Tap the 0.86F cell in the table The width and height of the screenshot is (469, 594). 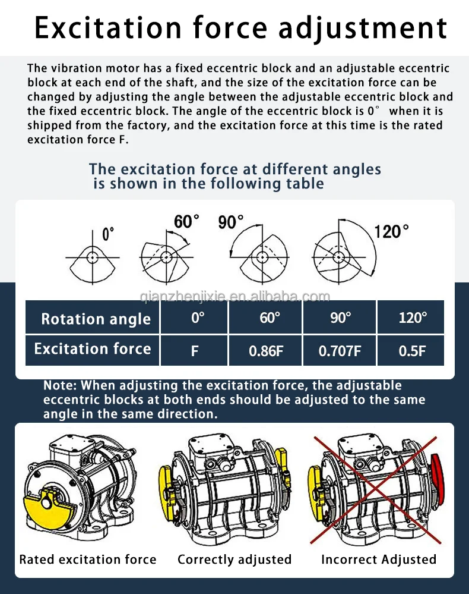coord(266,351)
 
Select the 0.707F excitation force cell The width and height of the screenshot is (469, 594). coord(340,351)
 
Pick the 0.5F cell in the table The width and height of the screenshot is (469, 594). coord(412,351)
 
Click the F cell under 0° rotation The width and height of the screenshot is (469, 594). coord(194,351)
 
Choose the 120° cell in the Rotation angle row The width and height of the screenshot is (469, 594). coord(412,318)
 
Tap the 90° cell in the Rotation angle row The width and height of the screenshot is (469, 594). coord(340,318)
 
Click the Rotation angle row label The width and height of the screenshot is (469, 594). coord(96,319)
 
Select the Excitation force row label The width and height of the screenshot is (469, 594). coord(93,349)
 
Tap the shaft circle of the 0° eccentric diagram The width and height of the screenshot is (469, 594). coord(93,257)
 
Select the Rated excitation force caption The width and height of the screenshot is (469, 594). coord(88,560)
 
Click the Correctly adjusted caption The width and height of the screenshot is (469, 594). coord(235,560)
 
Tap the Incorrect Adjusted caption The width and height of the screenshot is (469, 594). coord(379,560)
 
